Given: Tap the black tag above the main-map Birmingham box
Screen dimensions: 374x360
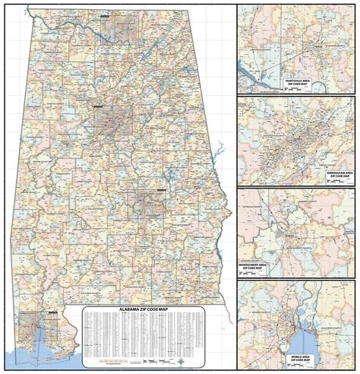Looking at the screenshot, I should point(98,109).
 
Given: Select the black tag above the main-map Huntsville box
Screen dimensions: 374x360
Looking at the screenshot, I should point(103,12).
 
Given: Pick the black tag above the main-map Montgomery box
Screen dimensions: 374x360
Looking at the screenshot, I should point(160,189).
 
